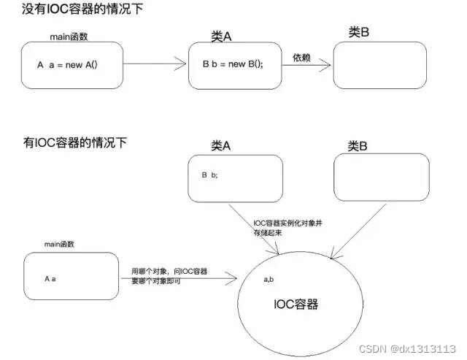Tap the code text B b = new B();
tap(233, 64)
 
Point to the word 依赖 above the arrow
tap(302, 58)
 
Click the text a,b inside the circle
tap(269, 279)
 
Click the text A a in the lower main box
tap(50, 278)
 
